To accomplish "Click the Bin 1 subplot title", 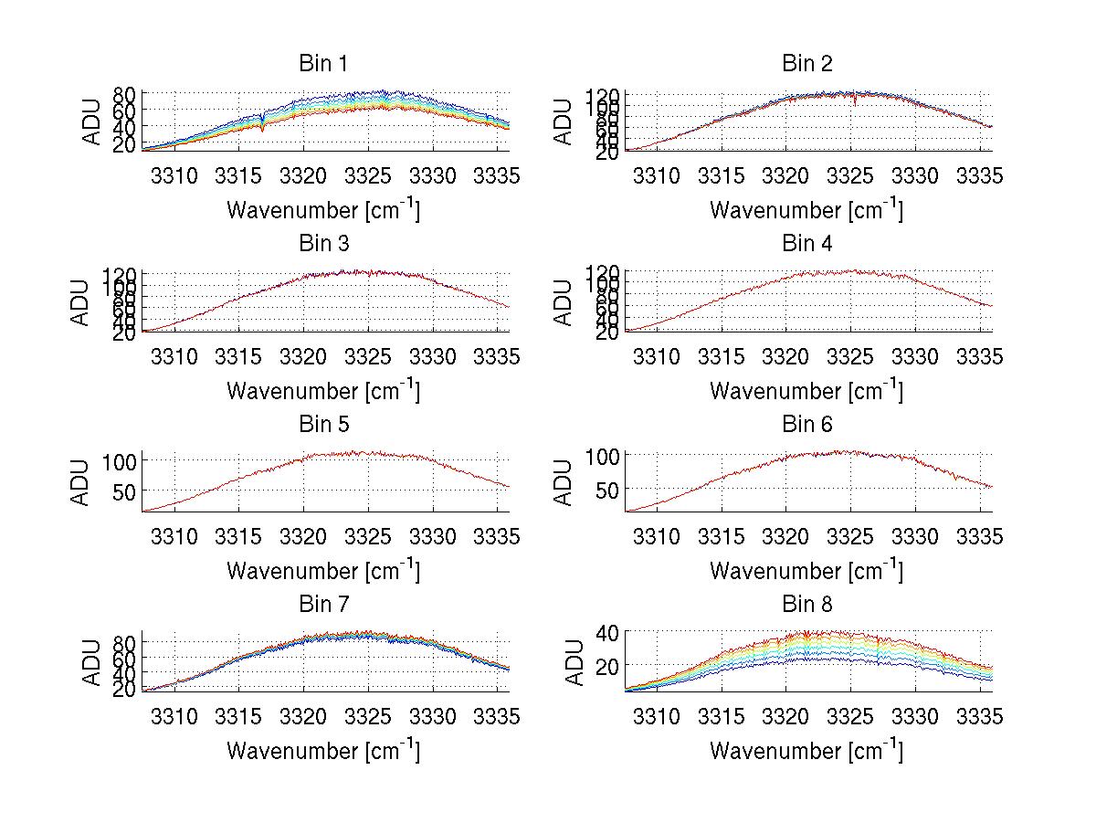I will coord(323,63).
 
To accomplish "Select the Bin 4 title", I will coord(806,244).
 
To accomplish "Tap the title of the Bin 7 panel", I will coord(323,605).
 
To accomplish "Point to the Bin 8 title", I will coord(806,605).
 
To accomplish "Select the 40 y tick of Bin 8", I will coord(608,632).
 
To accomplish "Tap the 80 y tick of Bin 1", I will coord(125,94).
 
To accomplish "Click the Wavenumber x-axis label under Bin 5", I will coord(323,571).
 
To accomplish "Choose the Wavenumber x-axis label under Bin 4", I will coord(806,391).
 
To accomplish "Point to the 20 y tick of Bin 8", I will coord(608,665).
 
